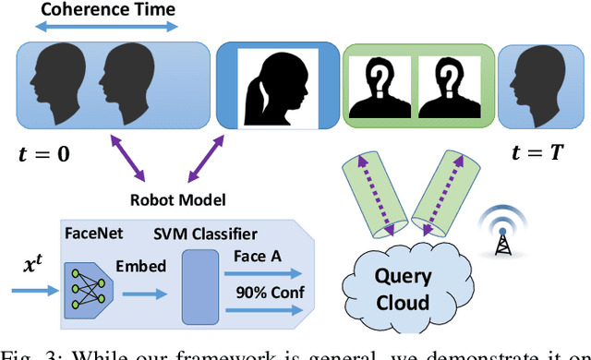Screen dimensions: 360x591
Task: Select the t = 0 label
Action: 43,154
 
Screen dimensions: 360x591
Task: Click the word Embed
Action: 141,265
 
